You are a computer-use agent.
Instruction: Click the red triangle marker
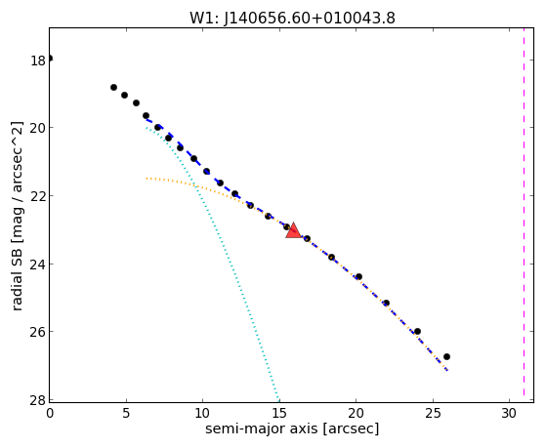[x=293, y=230]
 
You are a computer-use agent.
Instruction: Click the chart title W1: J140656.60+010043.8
[x=292, y=19]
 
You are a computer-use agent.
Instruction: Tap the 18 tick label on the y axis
[x=38, y=61]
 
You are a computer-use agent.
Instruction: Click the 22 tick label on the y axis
[x=38, y=196]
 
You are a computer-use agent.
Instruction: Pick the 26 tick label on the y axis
[x=38, y=332]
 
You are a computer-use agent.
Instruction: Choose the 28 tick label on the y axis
[x=38, y=400]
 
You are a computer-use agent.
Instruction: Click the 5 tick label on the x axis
[x=126, y=413]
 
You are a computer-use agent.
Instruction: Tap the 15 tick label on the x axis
[x=279, y=413]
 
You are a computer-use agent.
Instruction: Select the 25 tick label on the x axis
[x=433, y=413]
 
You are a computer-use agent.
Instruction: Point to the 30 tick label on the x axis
[x=509, y=413]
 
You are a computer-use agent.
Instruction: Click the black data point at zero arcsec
[x=50, y=59]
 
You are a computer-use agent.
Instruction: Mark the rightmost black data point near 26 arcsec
[x=446, y=357]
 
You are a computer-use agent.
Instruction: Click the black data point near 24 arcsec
[x=417, y=332]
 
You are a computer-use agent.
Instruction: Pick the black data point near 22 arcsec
[x=386, y=304]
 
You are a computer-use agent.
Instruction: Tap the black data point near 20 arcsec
[x=358, y=277]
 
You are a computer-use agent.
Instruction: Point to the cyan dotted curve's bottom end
[x=278, y=400]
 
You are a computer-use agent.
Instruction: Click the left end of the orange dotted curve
[x=147, y=179]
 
